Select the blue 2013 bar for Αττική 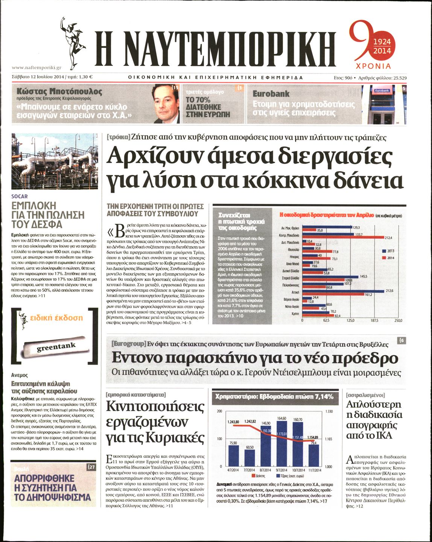tap(343, 291)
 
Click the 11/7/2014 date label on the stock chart tap(314, 470)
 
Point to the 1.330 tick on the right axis tap(329, 412)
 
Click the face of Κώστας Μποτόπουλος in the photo tap(166, 101)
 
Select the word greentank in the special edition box tap(56, 347)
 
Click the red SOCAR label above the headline tap(20, 196)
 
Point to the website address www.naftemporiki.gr tap(37, 68)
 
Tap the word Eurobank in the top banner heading tap(271, 94)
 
